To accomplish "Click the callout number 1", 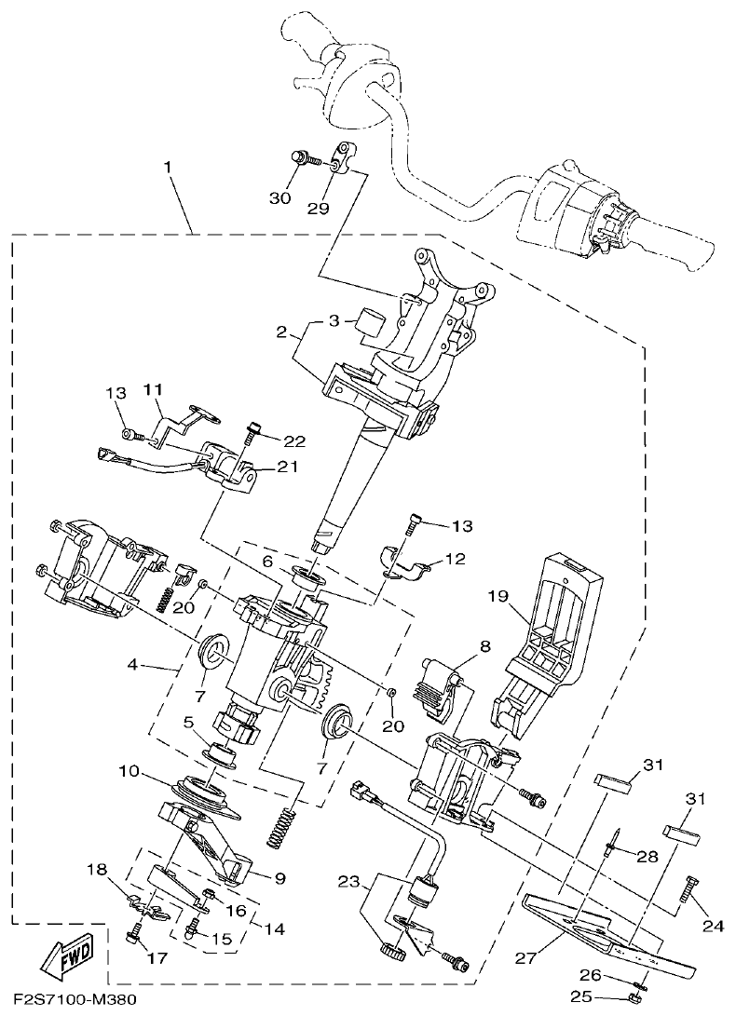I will pos(168,168).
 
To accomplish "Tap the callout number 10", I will pos(129,772).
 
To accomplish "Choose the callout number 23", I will pos(348,880).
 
